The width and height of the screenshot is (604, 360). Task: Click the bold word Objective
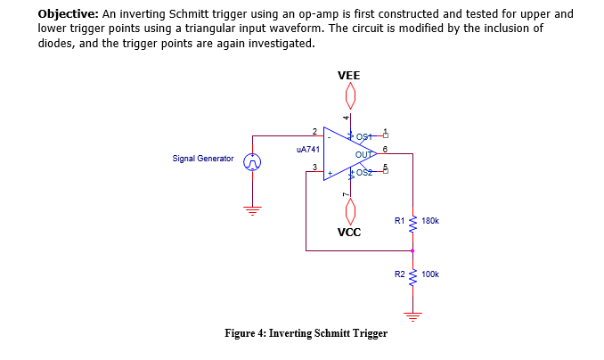coord(69,14)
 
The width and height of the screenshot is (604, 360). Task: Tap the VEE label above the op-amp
coord(349,76)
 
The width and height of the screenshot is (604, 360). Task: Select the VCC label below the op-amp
coord(349,233)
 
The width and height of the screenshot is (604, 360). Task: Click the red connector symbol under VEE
coord(350,94)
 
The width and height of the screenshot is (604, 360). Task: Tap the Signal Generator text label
coord(203,159)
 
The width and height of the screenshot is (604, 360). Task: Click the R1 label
coord(400,219)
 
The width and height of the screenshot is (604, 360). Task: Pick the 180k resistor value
coord(430,219)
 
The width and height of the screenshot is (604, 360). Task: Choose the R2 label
coord(400,275)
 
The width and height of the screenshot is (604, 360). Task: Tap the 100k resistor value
coord(430,275)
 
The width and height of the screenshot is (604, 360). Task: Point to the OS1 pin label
coord(363,136)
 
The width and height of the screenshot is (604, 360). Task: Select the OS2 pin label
coord(363,172)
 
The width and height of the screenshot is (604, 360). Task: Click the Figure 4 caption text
coord(306,333)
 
